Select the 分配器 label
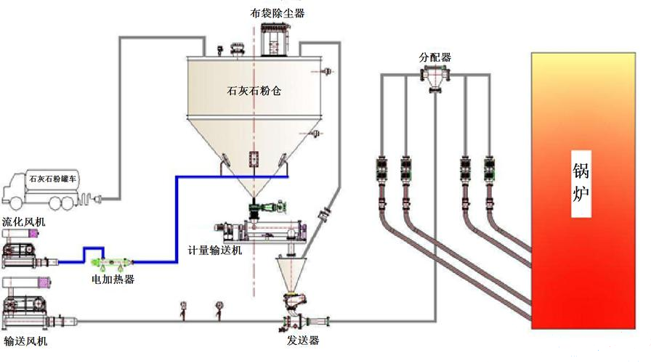(x=434, y=57)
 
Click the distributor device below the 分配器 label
(x=436, y=77)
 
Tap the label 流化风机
(x=23, y=221)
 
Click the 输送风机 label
(x=27, y=340)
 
